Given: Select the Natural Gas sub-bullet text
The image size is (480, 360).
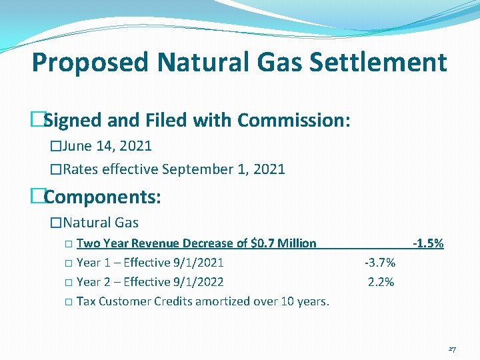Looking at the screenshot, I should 101,223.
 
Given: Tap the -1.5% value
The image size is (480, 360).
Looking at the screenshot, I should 428,243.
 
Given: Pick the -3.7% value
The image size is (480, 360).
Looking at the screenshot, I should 380,263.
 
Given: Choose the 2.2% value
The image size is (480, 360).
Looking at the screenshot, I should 381,282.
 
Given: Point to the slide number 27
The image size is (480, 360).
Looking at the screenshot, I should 452,349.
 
